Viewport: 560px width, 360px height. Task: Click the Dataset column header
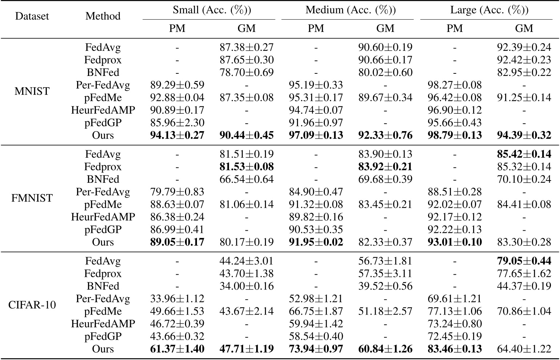[32, 16]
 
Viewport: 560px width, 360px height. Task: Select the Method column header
[103, 16]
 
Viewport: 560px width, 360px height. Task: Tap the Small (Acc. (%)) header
[212, 10]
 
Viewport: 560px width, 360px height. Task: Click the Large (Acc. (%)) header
[489, 10]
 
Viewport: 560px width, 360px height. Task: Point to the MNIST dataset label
[32, 91]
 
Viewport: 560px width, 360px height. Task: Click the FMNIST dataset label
[32, 198]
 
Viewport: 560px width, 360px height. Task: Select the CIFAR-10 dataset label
[32, 305]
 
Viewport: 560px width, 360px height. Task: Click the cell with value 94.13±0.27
[177, 135]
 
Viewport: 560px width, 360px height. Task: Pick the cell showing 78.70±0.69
[246, 72]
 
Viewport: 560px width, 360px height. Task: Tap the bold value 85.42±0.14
[524, 154]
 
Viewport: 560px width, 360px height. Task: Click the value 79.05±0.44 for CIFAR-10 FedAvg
[524, 261]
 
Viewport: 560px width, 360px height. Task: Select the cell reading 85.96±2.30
[177, 123]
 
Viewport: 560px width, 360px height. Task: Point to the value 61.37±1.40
[177, 349]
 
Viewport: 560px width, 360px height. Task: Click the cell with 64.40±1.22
[524, 349]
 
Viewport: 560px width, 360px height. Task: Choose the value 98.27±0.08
[454, 85]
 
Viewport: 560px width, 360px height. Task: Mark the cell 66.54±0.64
[246, 179]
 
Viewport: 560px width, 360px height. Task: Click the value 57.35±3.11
[385, 274]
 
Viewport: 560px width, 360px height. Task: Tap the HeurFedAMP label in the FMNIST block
[103, 217]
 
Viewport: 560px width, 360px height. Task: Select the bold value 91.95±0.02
[316, 242]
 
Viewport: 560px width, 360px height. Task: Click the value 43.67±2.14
[246, 311]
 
